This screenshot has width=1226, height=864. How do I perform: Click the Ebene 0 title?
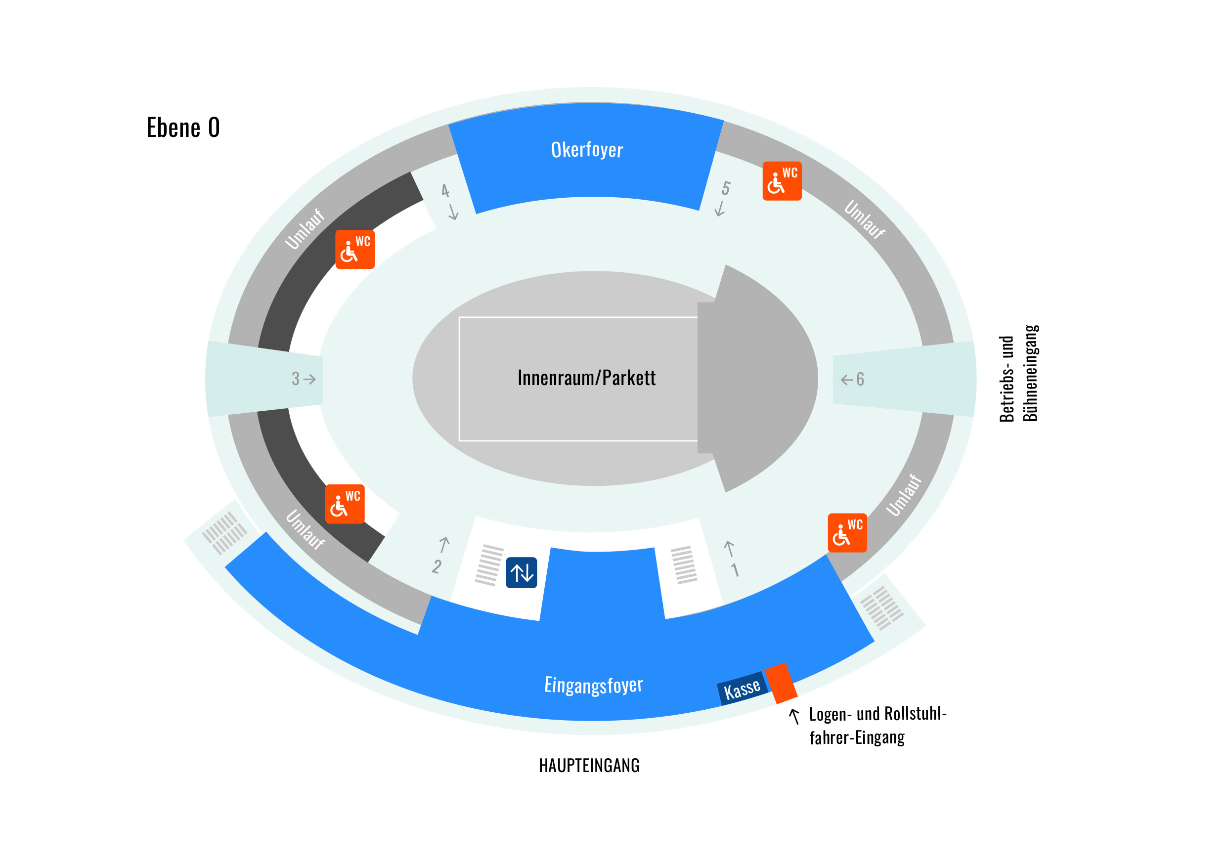(183, 128)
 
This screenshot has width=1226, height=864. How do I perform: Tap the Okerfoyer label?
(587, 150)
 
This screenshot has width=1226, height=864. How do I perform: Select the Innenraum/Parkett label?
(586, 378)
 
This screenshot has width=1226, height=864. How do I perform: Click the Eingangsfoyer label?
(593, 685)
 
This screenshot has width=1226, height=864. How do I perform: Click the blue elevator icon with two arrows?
(521, 572)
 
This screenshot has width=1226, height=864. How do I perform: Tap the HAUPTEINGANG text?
(589, 766)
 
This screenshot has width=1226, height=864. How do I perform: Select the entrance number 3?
(295, 379)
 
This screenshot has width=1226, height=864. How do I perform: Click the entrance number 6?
(860, 379)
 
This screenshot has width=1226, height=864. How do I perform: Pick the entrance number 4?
(445, 191)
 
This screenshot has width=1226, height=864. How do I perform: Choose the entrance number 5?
(726, 188)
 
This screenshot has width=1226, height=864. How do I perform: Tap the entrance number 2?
(437, 566)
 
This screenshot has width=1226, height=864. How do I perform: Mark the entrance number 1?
(735, 570)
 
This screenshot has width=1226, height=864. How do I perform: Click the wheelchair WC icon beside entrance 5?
(782, 181)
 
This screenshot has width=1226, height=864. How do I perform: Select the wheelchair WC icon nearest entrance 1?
(847, 533)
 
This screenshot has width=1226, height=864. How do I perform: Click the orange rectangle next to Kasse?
(781, 683)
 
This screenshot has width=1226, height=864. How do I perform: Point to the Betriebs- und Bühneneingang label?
(1018, 373)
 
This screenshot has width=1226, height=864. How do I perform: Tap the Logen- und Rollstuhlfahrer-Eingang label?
(878, 725)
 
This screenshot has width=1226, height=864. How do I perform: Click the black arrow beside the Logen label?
(794, 716)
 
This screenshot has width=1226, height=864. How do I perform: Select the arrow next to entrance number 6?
(846, 380)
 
